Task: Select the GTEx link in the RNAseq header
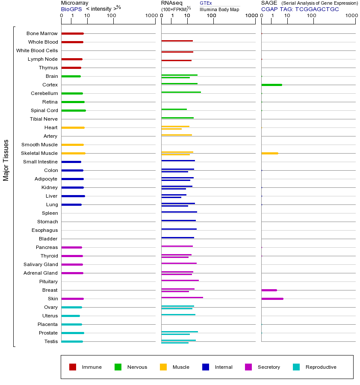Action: click(x=206, y=3)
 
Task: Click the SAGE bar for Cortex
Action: click(x=271, y=85)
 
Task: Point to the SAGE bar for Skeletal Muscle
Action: click(x=269, y=153)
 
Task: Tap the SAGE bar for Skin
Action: click(x=272, y=299)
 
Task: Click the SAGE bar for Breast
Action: click(x=269, y=290)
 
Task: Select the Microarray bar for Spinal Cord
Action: click(x=74, y=110)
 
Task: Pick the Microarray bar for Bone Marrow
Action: click(x=72, y=33)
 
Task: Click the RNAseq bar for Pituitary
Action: click(x=180, y=280)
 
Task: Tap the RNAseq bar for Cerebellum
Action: click(x=181, y=92)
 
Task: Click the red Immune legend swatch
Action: click(x=73, y=367)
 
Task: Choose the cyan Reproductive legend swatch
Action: click(x=296, y=367)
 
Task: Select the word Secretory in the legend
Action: click(x=269, y=367)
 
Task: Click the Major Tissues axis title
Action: click(x=6, y=160)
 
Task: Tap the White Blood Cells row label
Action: click(x=37, y=50)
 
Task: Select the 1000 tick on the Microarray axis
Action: click(x=151, y=15)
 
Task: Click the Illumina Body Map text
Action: click(x=219, y=9)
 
